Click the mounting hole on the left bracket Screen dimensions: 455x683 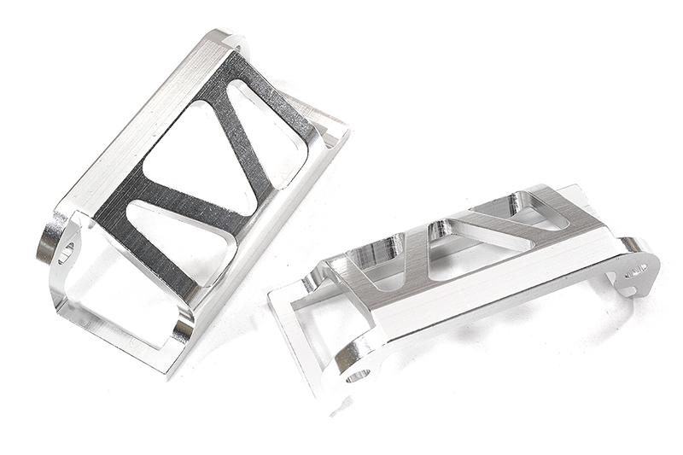65,251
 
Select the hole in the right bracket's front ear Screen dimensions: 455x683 357,373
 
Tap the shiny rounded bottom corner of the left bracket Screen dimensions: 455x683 183,330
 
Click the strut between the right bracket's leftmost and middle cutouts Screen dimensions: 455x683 418,256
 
